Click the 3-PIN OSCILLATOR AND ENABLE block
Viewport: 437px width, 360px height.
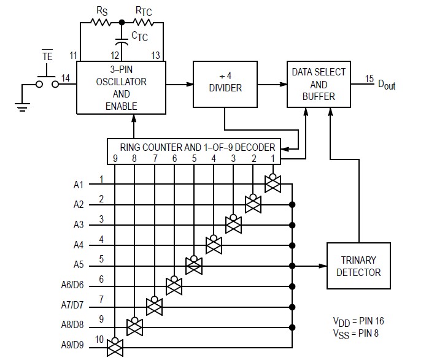click(x=121, y=87)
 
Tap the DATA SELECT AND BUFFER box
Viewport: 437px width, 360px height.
click(x=319, y=83)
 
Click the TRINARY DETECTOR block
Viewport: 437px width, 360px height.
click(x=358, y=266)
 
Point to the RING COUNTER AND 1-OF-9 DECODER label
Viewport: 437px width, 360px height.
click(x=193, y=147)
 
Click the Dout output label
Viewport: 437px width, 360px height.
click(x=385, y=85)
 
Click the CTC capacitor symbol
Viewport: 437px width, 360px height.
click(x=123, y=43)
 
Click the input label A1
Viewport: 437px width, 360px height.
click(x=78, y=184)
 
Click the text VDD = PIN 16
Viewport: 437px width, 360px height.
click(x=358, y=321)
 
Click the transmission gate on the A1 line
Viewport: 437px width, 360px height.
click(x=272, y=183)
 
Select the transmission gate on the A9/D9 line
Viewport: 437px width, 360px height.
click(x=115, y=347)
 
